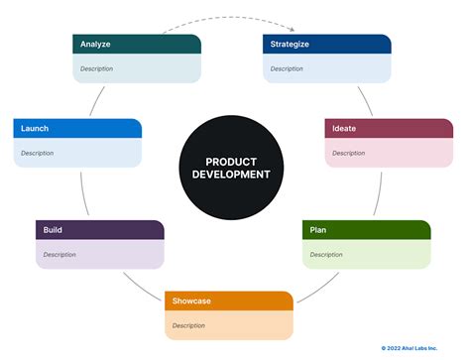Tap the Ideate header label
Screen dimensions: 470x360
344,128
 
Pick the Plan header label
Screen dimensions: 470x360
318,230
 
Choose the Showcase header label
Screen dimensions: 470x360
192,300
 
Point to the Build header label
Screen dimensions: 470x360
54,230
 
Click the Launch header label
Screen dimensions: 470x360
35,128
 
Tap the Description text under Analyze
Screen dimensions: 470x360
97,68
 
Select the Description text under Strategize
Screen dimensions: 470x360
287,68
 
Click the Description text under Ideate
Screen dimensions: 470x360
348,153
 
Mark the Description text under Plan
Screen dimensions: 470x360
326,255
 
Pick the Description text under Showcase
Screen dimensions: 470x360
188,325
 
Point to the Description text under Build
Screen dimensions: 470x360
59,255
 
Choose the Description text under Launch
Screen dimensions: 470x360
38,153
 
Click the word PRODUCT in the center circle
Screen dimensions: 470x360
231,161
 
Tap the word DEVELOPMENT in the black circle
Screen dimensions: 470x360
231,175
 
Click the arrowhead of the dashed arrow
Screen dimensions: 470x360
294,29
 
